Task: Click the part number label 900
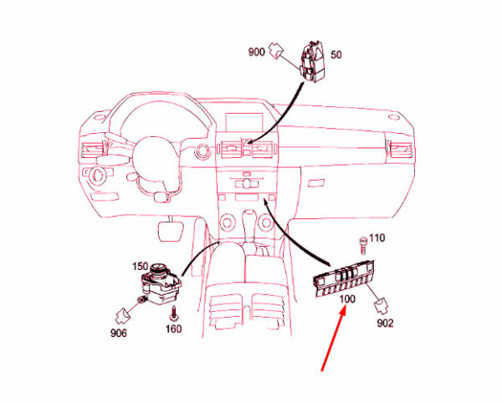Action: click(256, 52)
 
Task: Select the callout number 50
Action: click(336, 55)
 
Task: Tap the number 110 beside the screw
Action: click(377, 238)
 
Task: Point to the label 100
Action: click(347, 298)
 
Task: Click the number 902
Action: click(385, 323)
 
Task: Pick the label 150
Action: click(139, 267)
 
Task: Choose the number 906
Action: click(119, 334)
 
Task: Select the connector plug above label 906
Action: click(122, 315)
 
